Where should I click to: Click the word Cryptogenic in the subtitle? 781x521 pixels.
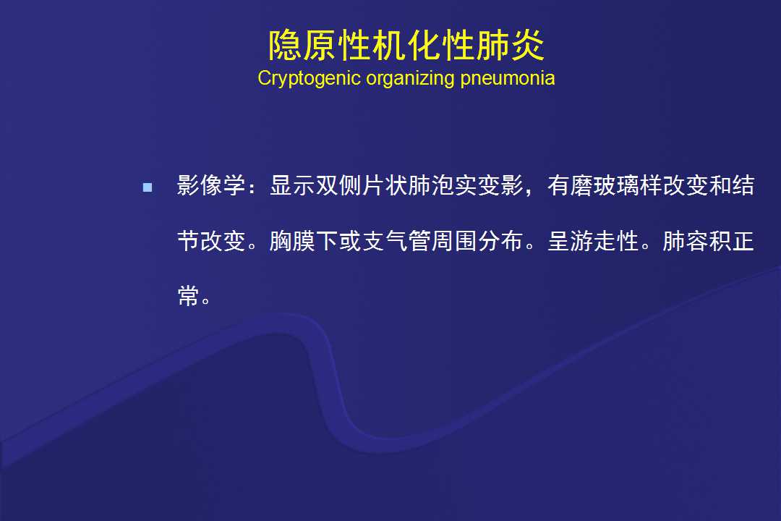click(x=309, y=79)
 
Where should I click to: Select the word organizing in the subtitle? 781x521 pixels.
click(x=410, y=79)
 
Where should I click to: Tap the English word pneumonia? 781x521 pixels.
click(x=507, y=79)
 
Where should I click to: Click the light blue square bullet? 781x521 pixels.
click(x=148, y=187)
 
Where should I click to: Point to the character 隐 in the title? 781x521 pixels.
click(x=285, y=46)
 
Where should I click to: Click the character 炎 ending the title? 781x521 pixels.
click(x=527, y=46)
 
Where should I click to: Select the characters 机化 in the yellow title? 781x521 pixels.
click(x=389, y=46)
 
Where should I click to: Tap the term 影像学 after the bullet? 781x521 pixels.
click(x=211, y=185)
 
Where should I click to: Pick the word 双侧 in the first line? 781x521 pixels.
click(x=338, y=185)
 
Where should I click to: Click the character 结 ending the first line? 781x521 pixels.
click(x=743, y=185)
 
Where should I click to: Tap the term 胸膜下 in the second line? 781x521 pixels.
click(x=304, y=241)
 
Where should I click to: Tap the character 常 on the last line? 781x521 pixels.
click(x=188, y=296)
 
